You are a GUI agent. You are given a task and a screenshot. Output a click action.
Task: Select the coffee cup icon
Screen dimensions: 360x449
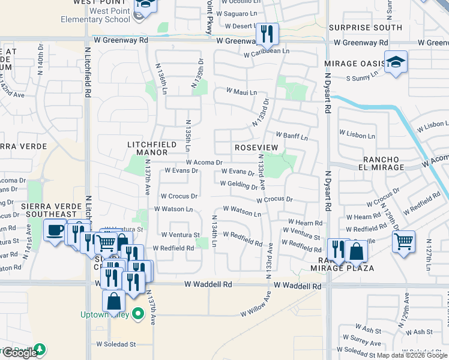tap(55, 230)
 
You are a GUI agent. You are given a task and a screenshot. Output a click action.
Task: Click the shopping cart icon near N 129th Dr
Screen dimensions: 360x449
tap(403, 242)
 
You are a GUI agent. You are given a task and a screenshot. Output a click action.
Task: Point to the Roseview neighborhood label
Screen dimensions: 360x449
tap(256, 148)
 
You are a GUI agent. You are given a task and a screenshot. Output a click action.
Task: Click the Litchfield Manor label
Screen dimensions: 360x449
tap(152, 149)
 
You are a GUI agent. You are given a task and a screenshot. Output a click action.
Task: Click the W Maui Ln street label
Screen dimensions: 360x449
tap(241, 92)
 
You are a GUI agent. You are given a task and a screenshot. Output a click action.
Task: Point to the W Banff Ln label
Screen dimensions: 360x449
tap(292, 136)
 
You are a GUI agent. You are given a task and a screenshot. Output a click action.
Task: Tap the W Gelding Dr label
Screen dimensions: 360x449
tap(238, 185)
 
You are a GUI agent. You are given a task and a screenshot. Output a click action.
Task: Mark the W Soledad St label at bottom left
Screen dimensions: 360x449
tap(116, 344)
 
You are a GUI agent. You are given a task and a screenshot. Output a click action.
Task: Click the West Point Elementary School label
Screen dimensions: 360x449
tap(95, 14)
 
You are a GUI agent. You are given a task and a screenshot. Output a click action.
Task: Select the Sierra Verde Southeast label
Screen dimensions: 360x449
tap(49, 210)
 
